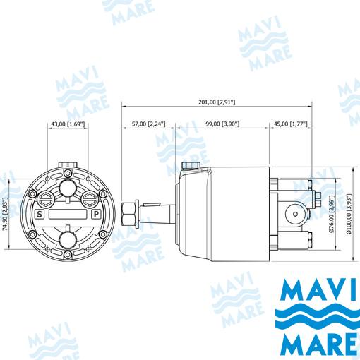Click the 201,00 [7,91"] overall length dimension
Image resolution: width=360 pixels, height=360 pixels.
pos(217,102)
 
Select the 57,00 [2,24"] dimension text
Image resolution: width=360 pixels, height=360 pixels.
pos(149,124)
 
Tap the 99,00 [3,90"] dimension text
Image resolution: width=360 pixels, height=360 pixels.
pos(222,124)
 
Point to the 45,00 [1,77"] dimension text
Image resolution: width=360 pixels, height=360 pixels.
pos(291,124)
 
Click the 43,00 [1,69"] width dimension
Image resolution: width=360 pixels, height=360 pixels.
pos(68,124)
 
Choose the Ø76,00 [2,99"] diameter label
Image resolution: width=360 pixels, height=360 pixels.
pos(332,214)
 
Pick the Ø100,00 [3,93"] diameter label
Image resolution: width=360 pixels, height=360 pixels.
pos(349,214)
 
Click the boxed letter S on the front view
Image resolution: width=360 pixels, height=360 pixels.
pos(40,215)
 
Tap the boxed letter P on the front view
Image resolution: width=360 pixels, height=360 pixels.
pos(96,215)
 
